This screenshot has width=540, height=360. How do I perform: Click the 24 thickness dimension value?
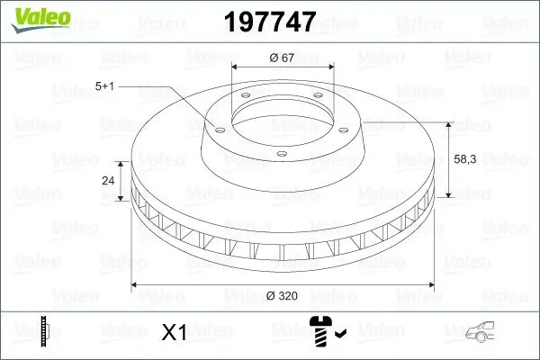(x=109, y=181)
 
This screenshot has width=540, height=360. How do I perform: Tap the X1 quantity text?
(x=173, y=333)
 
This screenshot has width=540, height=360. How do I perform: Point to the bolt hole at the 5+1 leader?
(x=216, y=127)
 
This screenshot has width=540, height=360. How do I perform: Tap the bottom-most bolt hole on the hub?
(x=281, y=155)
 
